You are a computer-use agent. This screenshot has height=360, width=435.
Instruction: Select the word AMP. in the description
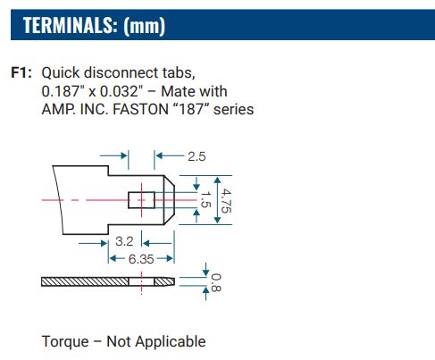tap(59, 109)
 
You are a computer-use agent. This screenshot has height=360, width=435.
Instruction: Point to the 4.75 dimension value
tap(227, 202)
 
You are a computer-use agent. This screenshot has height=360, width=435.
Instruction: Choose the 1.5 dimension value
tap(205, 202)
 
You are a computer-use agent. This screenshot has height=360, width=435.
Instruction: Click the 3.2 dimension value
tap(125, 241)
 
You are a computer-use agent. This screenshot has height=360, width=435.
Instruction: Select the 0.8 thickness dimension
tap(215, 283)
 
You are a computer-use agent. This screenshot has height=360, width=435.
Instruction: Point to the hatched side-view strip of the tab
tap(89, 282)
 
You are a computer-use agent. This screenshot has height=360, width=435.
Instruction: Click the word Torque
tap(65, 341)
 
